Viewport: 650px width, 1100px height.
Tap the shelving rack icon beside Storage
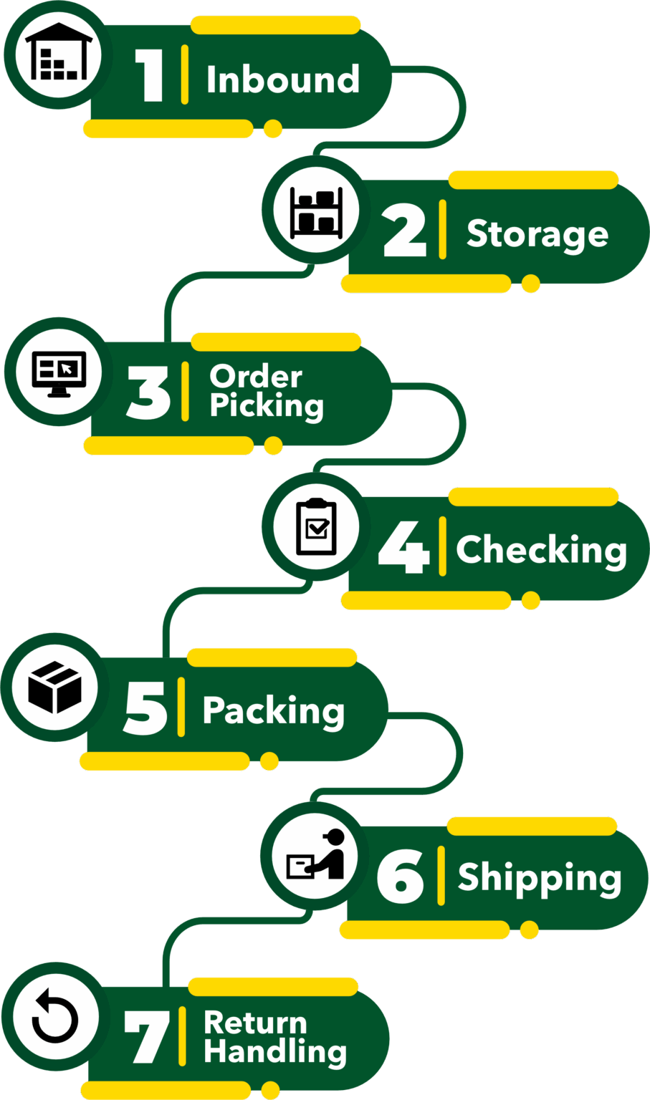316,211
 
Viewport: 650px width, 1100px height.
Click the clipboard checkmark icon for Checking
316,527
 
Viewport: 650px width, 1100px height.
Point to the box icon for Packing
54,687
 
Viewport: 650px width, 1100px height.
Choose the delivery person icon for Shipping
316,855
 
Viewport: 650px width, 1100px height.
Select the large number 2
405,231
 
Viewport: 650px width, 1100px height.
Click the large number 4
403,548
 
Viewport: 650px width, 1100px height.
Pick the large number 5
145,708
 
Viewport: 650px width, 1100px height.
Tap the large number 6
401,877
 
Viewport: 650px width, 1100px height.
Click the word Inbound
282,79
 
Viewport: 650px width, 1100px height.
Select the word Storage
537,235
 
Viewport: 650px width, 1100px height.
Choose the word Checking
541,551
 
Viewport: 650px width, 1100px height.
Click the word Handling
275,1052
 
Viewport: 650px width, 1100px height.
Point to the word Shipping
539,879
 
